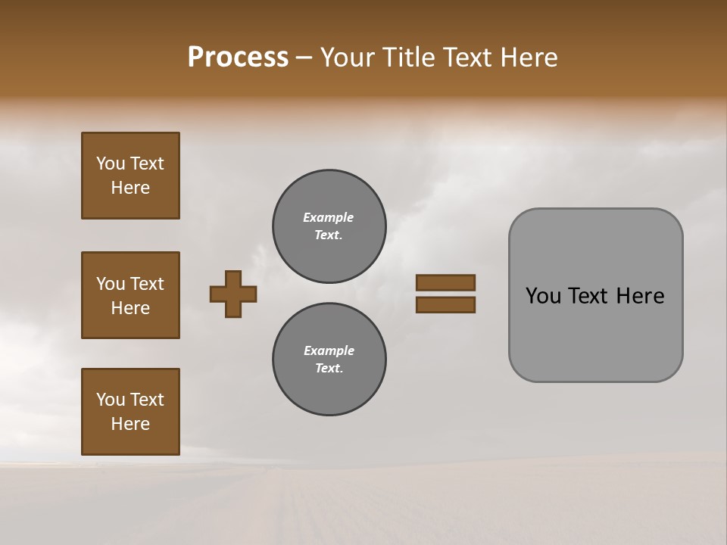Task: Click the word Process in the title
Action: click(238, 58)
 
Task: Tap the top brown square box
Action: click(130, 176)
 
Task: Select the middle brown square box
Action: click(130, 295)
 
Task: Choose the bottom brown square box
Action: click(130, 412)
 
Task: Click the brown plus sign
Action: click(233, 294)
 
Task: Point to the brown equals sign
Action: click(445, 294)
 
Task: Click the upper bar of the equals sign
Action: click(445, 283)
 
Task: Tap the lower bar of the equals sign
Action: click(445, 305)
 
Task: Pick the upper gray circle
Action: click(329, 226)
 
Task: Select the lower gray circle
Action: click(329, 360)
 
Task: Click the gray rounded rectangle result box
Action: click(595, 295)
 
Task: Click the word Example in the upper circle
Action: click(329, 217)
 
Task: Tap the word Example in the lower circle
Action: click(329, 350)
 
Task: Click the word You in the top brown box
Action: click(111, 163)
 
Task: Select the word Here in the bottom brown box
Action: click(130, 424)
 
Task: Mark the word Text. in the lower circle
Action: click(329, 368)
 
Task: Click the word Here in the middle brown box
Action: click(130, 308)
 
